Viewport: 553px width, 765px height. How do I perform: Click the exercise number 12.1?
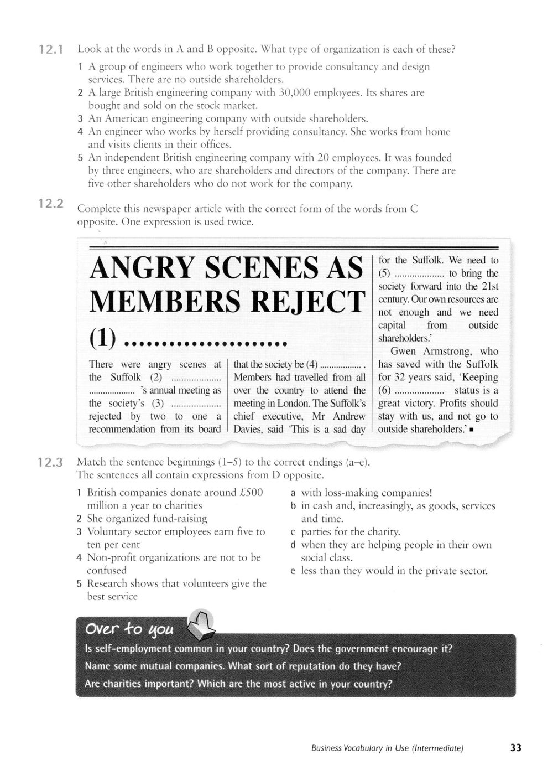click(x=51, y=50)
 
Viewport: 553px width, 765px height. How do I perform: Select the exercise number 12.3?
click(x=50, y=462)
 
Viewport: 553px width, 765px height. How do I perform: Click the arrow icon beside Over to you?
click(x=201, y=625)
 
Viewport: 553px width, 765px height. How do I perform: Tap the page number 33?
click(x=515, y=748)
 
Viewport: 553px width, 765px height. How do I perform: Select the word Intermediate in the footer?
click(x=437, y=748)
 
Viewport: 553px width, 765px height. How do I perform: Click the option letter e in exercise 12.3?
click(x=293, y=571)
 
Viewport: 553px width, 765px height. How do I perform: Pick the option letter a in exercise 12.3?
click(x=293, y=493)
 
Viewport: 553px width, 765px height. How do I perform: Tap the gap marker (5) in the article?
click(x=385, y=273)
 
